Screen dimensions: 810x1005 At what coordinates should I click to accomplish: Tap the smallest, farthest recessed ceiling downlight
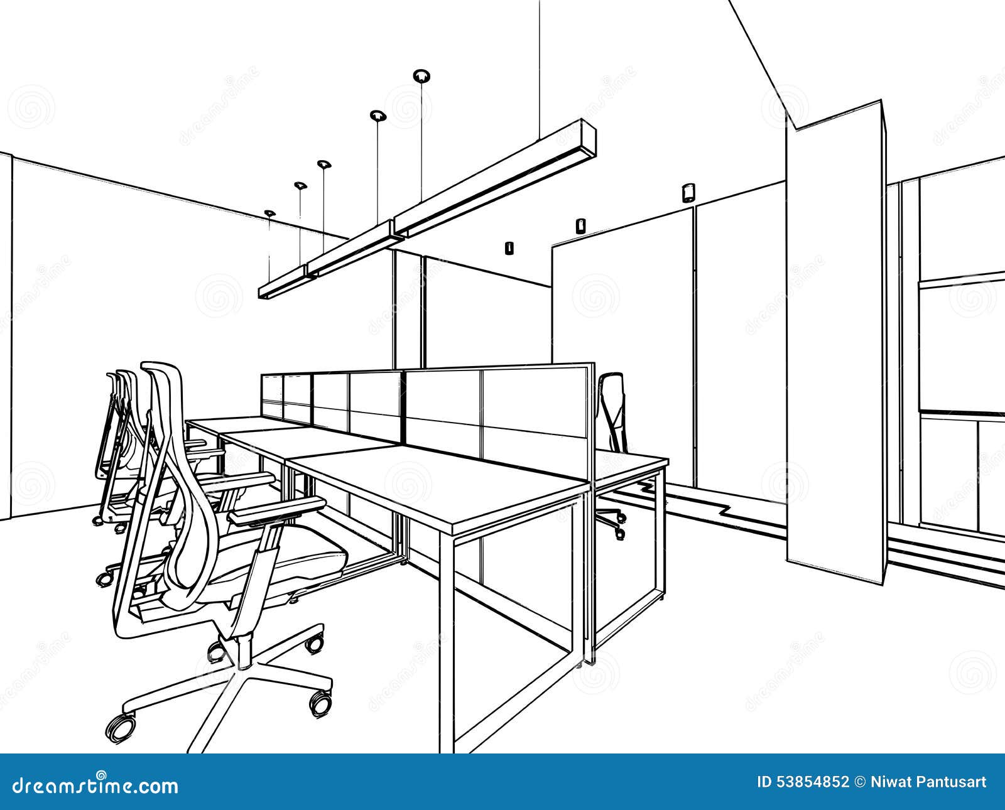tap(269, 213)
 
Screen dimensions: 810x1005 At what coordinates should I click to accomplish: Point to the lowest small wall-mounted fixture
tap(509, 248)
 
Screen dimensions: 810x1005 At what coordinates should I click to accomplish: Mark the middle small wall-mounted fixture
tap(580, 225)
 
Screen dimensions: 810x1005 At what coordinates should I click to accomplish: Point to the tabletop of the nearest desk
tap(477, 477)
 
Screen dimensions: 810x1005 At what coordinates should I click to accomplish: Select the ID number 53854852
tap(814, 782)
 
